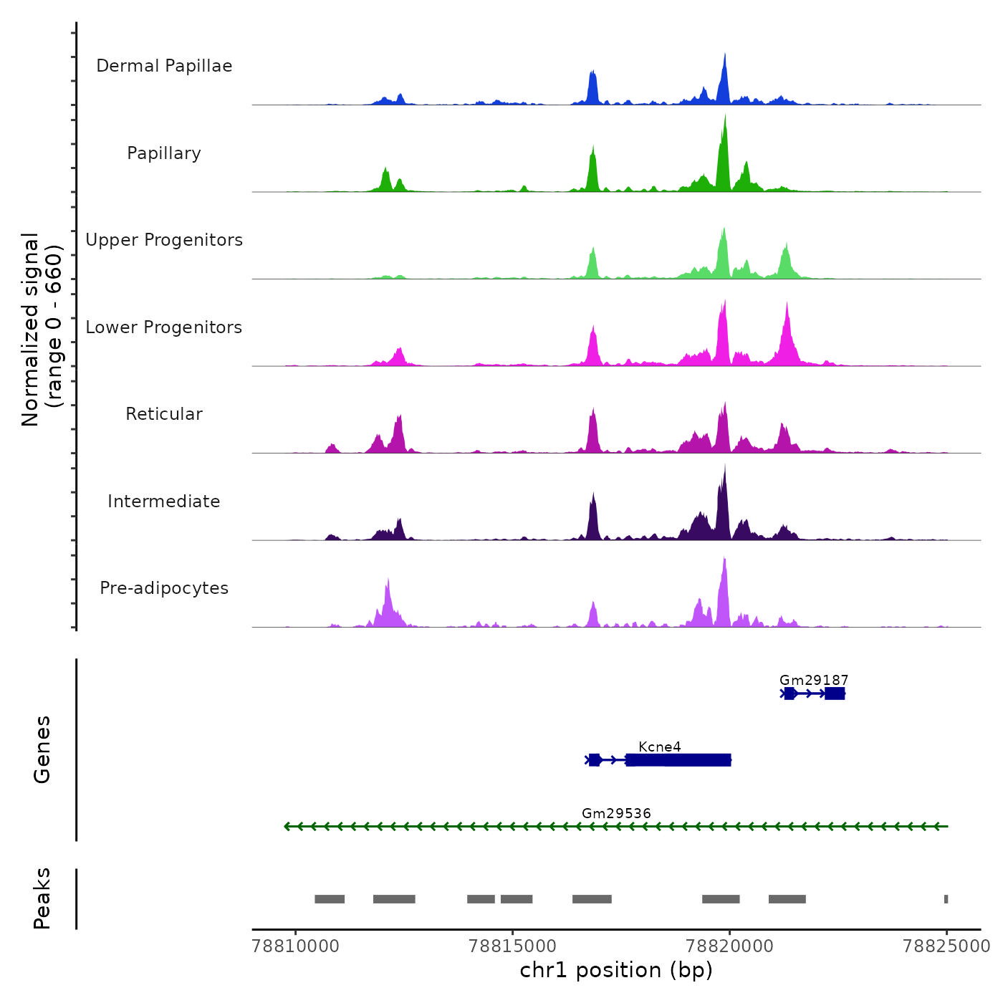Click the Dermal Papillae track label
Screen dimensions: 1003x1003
click(x=164, y=66)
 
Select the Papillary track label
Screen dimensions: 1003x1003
click(x=164, y=153)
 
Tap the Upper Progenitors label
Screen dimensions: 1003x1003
click(x=164, y=240)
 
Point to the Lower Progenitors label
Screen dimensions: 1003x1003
click(x=164, y=327)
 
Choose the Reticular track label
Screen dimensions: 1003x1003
click(x=164, y=414)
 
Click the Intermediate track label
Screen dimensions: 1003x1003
click(x=164, y=501)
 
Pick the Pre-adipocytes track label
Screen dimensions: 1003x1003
click(x=164, y=588)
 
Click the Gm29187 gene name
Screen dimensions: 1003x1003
click(x=814, y=680)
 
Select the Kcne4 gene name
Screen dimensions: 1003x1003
click(x=660, y=747)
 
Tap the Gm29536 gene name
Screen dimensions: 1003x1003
click(x=616, y=813)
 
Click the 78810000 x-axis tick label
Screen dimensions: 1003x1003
click(x=296, y=946)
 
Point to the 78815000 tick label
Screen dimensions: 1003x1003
click(x=513, y=946)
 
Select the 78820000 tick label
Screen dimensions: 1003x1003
click(x=730, y=946)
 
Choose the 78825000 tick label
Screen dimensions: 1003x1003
click(x=946, y=946)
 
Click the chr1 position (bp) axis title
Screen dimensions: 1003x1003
click(x=616, y=970)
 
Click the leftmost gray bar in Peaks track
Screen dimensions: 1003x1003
click(x=330, y=899)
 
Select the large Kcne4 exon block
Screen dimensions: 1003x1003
click(x=678, y=760)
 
